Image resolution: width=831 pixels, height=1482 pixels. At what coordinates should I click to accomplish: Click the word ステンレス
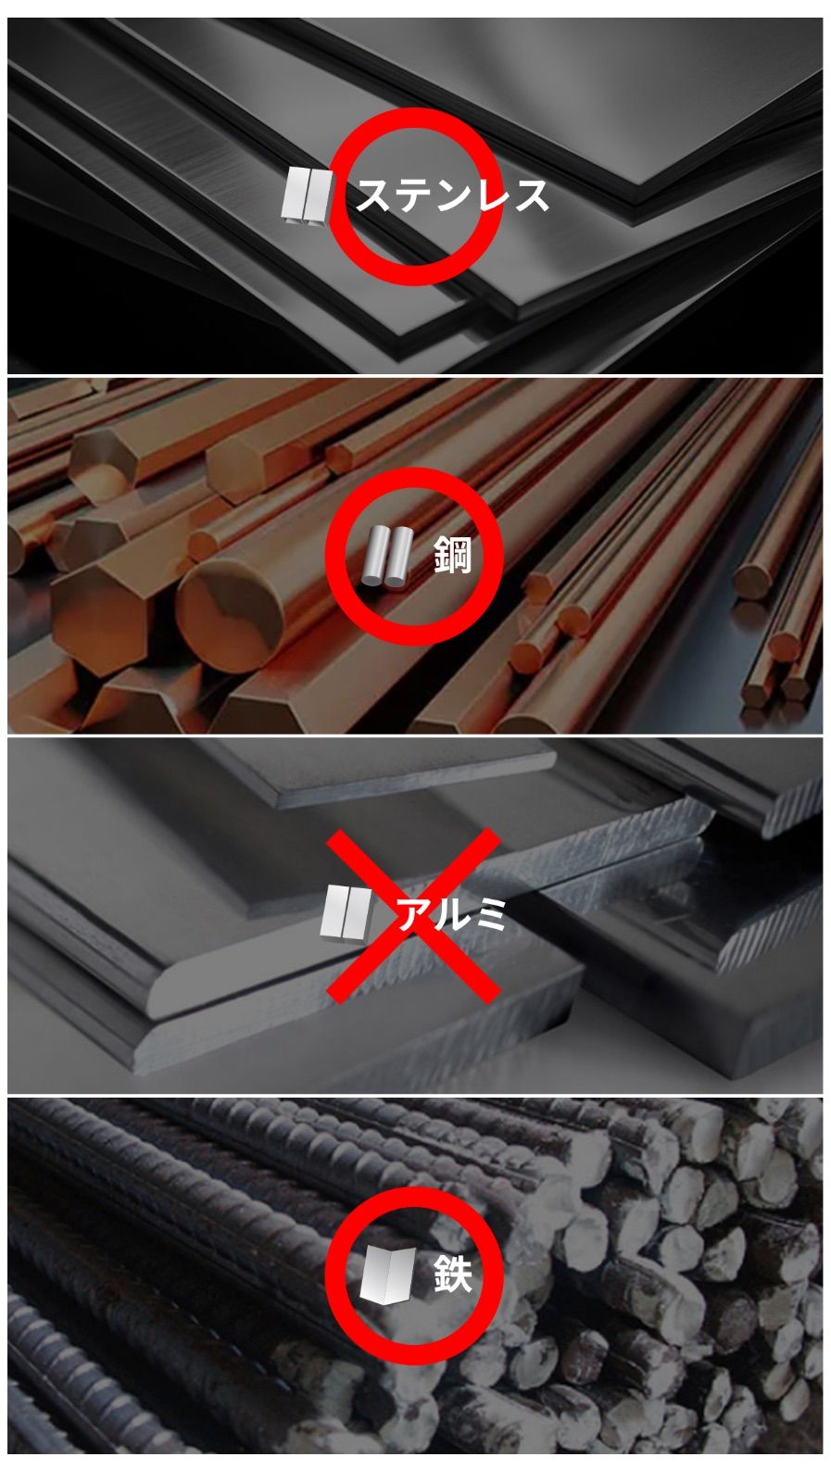tap(452, 195)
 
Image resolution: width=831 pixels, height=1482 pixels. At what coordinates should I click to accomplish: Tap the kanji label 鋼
tap(452, 555)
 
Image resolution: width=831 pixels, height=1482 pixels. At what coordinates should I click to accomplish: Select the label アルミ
tap(450, 914)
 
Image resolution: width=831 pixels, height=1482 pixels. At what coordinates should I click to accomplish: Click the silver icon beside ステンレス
tap(306, 195)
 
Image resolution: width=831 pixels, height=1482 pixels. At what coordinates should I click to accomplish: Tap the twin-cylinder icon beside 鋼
tap(388, 557)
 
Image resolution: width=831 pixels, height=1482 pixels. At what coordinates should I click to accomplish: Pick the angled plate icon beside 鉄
tap(388, 1275)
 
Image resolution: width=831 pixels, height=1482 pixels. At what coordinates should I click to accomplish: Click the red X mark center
tap(414, 915)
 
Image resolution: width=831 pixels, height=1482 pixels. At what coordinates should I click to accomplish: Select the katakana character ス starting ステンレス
tap(375, 195)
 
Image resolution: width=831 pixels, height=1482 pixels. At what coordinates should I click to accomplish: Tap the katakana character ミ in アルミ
tap(488, 914)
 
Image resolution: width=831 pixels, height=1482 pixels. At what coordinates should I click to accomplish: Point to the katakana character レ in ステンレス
tap(491, 195)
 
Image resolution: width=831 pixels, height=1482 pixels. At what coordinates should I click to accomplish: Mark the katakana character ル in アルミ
tap(451, 915)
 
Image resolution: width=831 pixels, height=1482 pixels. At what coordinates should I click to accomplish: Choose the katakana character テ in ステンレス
tap(414, 195)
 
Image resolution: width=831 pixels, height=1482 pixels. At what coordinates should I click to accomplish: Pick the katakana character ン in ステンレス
tap(452, 195)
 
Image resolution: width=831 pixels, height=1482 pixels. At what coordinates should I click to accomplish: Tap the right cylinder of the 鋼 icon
tap(399, 557)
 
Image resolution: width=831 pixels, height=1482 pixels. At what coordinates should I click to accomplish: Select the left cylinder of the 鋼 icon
tap(375, 556)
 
